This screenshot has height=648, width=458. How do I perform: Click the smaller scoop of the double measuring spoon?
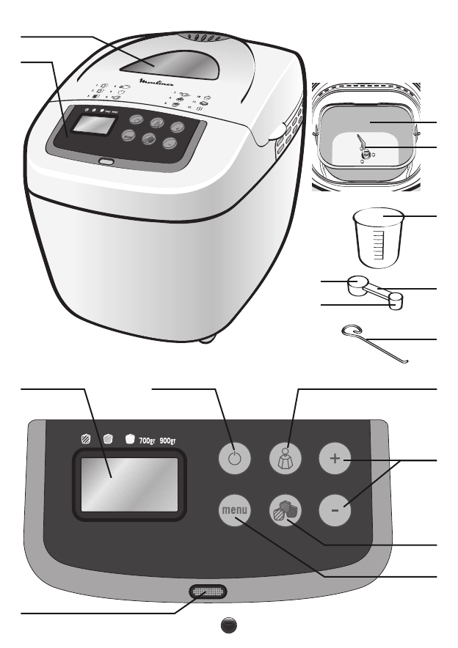point(396,301)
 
